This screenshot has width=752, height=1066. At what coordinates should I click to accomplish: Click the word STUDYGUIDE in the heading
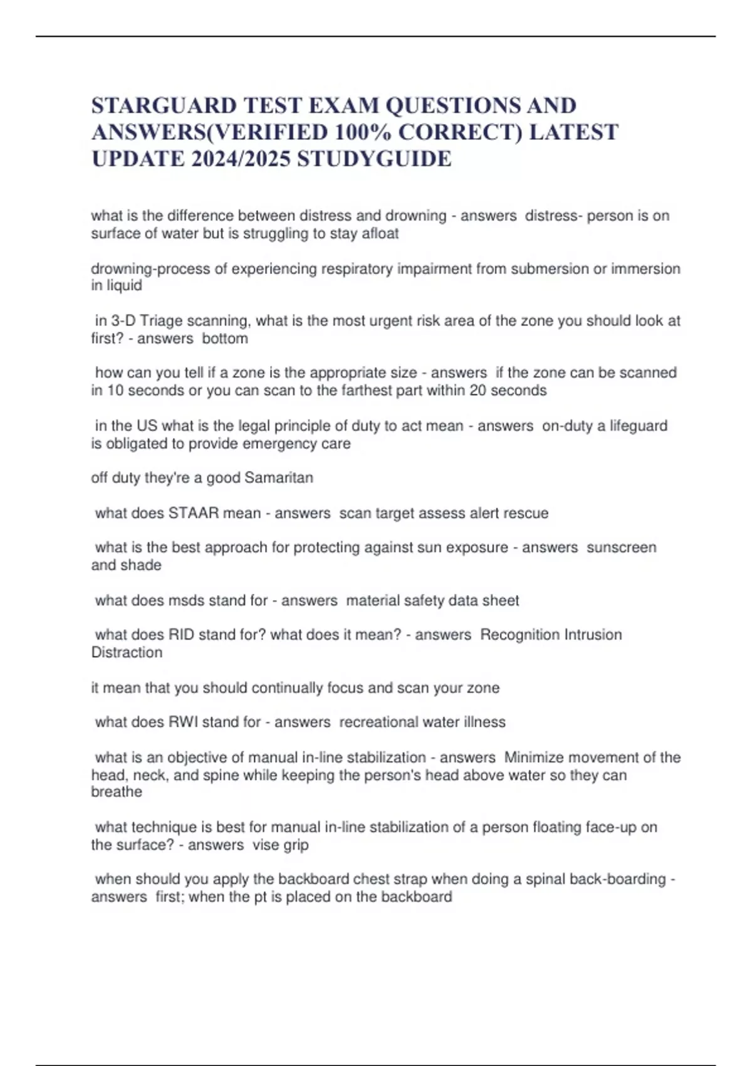tap(374, 159)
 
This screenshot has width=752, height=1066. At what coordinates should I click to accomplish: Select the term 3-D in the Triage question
tap(123, 321)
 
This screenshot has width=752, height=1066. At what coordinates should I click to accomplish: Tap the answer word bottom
tap(225, 339)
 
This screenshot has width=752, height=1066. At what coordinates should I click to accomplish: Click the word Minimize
tap(533, 757)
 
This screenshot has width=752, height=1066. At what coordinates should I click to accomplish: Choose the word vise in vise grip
tap(265, 845)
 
